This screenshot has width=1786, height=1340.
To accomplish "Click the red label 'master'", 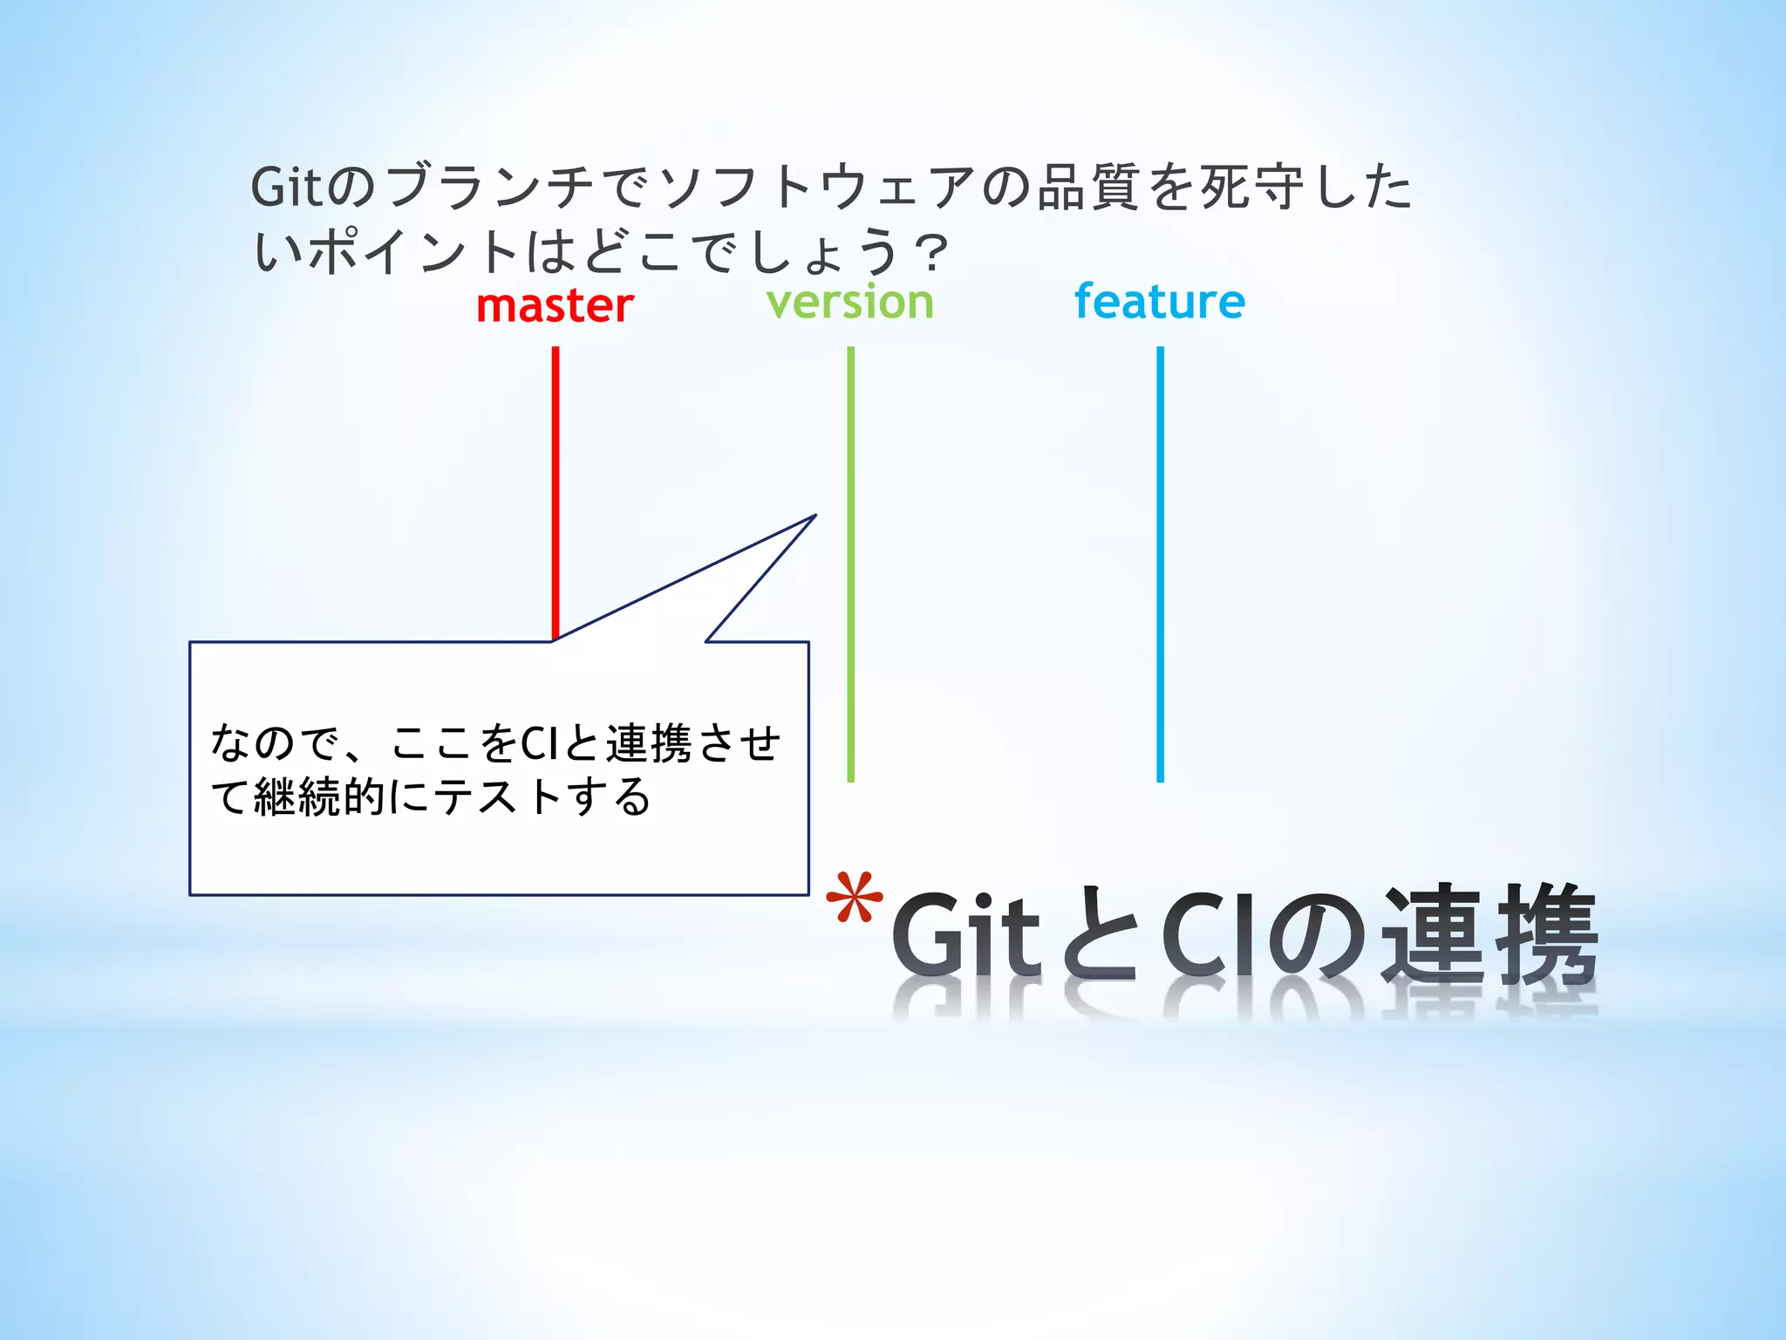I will click(555, 306).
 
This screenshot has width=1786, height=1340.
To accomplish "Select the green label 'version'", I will click(850, 302).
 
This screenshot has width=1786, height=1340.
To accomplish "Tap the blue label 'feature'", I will click(1159, 302).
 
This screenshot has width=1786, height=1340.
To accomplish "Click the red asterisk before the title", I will click(855, 899).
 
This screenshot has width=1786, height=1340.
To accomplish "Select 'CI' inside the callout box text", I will click(539, 744).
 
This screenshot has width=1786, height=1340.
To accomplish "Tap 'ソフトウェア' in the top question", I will click(815, 187).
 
